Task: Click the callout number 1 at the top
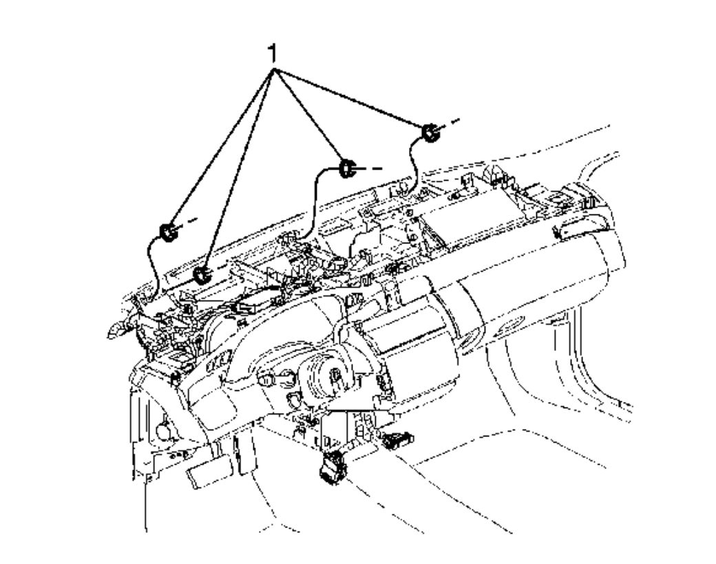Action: (x=274, y=52)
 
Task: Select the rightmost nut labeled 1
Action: (x=430, y=132)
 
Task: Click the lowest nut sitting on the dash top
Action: (x=201, y=275)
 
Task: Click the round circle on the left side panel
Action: (x=165, y=430)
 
